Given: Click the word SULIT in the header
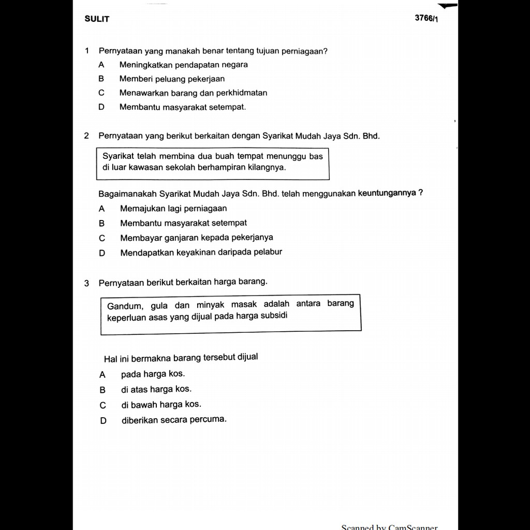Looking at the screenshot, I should click(x=97, y=19).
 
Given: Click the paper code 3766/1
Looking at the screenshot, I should click(x=426, y=18).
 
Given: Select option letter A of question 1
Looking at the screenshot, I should click(x=101, y=65).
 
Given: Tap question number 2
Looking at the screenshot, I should click(x=86, y=136).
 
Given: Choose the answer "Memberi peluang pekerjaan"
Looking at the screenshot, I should click(x=172, y=79).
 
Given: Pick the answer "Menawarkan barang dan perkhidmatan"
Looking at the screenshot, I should click(x=193, y=93).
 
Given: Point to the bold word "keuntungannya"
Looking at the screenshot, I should click(x=387, y=193).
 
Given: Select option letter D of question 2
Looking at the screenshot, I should click(x=101, y=253).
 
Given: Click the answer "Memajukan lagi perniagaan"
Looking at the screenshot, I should click(x=173, y=209).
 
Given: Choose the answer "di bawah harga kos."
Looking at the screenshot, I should click(x=161, y=405).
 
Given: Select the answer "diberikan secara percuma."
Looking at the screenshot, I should click(x=174, y=419).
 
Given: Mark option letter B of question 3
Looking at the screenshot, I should click(x=102, y=390).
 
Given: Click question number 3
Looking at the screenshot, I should click(x=86, y=283).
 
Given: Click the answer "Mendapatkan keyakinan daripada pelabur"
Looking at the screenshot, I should click(x=201, y=253).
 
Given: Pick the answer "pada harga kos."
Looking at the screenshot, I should click(x=153, y=374).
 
